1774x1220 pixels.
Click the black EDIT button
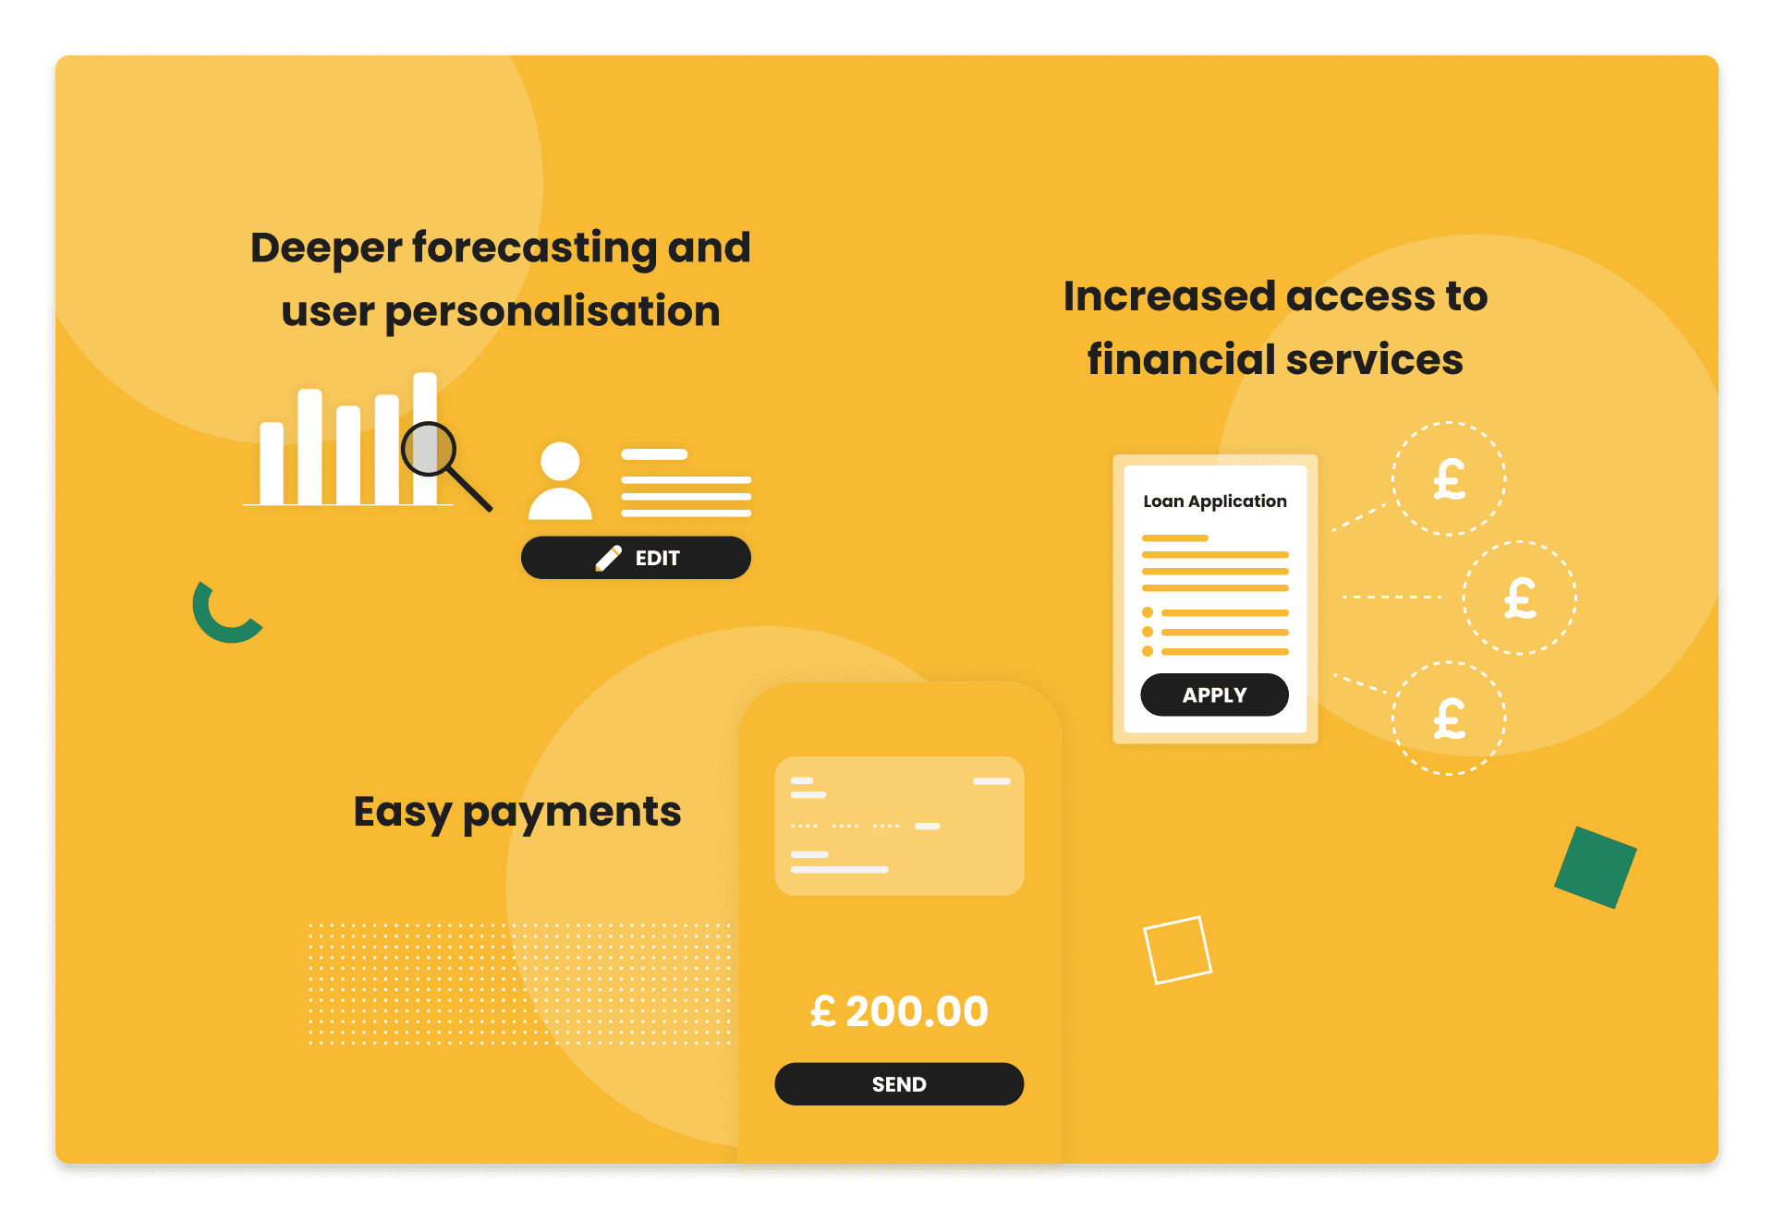[636, 558]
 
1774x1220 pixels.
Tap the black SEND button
[899, 1084]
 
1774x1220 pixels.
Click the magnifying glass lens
[429, 449]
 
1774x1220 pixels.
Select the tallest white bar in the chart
[425, 438]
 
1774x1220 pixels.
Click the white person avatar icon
[560, 481]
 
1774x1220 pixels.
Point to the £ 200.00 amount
[899, 1011]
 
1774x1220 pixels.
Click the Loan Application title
[1214, 501]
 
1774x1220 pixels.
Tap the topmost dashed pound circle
[1449, 478]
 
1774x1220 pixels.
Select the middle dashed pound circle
[1519, 598]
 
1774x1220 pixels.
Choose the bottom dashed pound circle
[1449, 718]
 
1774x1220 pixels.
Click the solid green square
[1595, 867]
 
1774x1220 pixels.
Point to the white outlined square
[1177, 949]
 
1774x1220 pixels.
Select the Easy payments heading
[517, 812]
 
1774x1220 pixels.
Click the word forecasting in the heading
[533, 248]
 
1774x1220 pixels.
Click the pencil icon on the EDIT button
[609, 558]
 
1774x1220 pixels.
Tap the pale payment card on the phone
[899, 826]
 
